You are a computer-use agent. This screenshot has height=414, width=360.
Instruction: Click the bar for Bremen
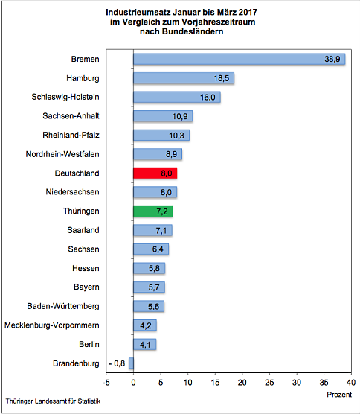point(238,59)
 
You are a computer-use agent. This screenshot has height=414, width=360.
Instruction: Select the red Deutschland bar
point(155,173)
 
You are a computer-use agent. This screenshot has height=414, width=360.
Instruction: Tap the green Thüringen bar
point(152,211)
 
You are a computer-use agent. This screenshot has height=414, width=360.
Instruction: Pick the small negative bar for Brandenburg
point(131,363)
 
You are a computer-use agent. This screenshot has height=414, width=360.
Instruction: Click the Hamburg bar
point(183,77)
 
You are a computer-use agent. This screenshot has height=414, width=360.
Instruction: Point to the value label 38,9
point(332,59)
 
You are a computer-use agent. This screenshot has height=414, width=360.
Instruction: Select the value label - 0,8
point(117,363)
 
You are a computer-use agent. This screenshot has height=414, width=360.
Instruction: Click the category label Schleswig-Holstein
point(76,97)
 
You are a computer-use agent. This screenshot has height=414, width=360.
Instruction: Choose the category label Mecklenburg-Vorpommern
point(62,325)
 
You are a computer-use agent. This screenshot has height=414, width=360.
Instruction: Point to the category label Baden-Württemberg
point(74,306)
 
